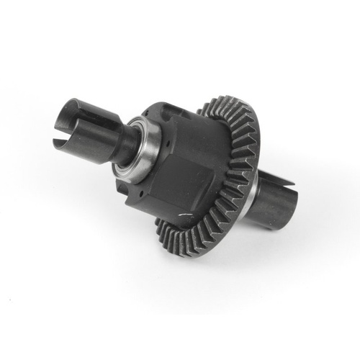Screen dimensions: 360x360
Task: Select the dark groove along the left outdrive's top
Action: coord(92,105)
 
